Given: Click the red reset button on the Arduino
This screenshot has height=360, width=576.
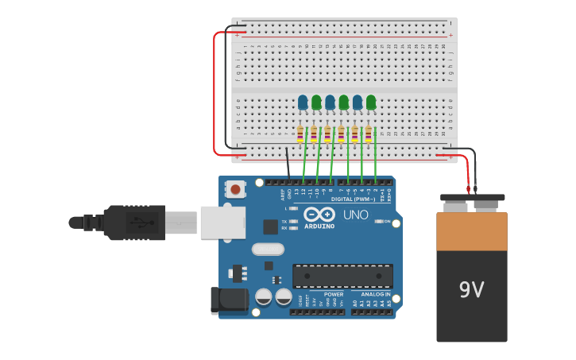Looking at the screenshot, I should (x=235, y=189).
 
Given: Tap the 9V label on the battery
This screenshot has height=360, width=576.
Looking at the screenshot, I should (x=471, y=290).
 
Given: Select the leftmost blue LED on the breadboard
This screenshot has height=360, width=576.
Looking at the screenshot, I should (x=303, y=102).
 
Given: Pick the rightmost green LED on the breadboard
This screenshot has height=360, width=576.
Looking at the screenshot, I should (x=371, y=102).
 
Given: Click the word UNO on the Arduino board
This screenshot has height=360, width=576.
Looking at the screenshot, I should (x=355, y=215).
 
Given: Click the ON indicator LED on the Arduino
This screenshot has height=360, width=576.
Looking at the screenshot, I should (x=379, y=221).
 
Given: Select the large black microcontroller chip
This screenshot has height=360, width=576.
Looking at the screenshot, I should (x=342, y=276).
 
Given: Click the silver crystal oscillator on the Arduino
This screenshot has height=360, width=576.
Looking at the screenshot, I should (x=268, y=249).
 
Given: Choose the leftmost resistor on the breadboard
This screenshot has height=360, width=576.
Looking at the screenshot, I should (x=300, y=134).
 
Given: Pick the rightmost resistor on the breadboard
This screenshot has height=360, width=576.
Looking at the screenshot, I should (x=368, y=134).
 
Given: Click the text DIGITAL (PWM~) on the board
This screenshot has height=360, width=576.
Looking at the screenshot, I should (x=354, y=199).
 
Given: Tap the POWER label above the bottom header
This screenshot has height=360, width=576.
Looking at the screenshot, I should (x=334, y=294).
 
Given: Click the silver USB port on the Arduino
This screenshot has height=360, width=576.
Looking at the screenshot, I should (x=222, y=223).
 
